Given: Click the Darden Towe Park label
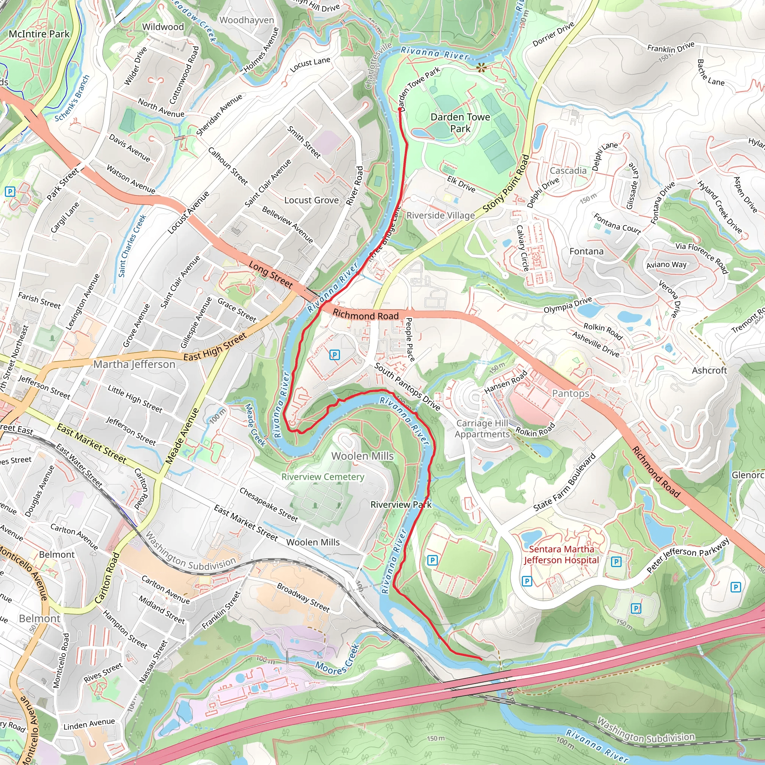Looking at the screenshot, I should click(460, 123).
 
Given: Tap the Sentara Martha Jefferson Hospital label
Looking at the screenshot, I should click(561, 554).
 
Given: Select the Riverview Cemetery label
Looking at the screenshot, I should click(323, 477).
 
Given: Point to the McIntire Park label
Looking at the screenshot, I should click(39, 34).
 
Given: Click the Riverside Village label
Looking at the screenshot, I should click(440, 216).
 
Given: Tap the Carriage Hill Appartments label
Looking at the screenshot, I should click(482, 428).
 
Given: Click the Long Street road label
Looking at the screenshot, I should click(271, 275).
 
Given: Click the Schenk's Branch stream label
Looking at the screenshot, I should click(72, 98).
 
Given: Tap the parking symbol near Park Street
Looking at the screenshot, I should click(10, 192).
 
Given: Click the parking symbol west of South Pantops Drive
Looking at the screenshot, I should click(335, 355).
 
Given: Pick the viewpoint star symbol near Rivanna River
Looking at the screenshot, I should click(481, 68).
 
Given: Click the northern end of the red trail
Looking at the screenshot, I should click(400, 109).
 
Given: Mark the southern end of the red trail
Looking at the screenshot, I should click(481, 659).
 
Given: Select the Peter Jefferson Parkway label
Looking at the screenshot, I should click(688, 555).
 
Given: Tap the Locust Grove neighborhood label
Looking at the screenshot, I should click(312, 200).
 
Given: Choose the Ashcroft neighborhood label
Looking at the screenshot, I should click(709, 370).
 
